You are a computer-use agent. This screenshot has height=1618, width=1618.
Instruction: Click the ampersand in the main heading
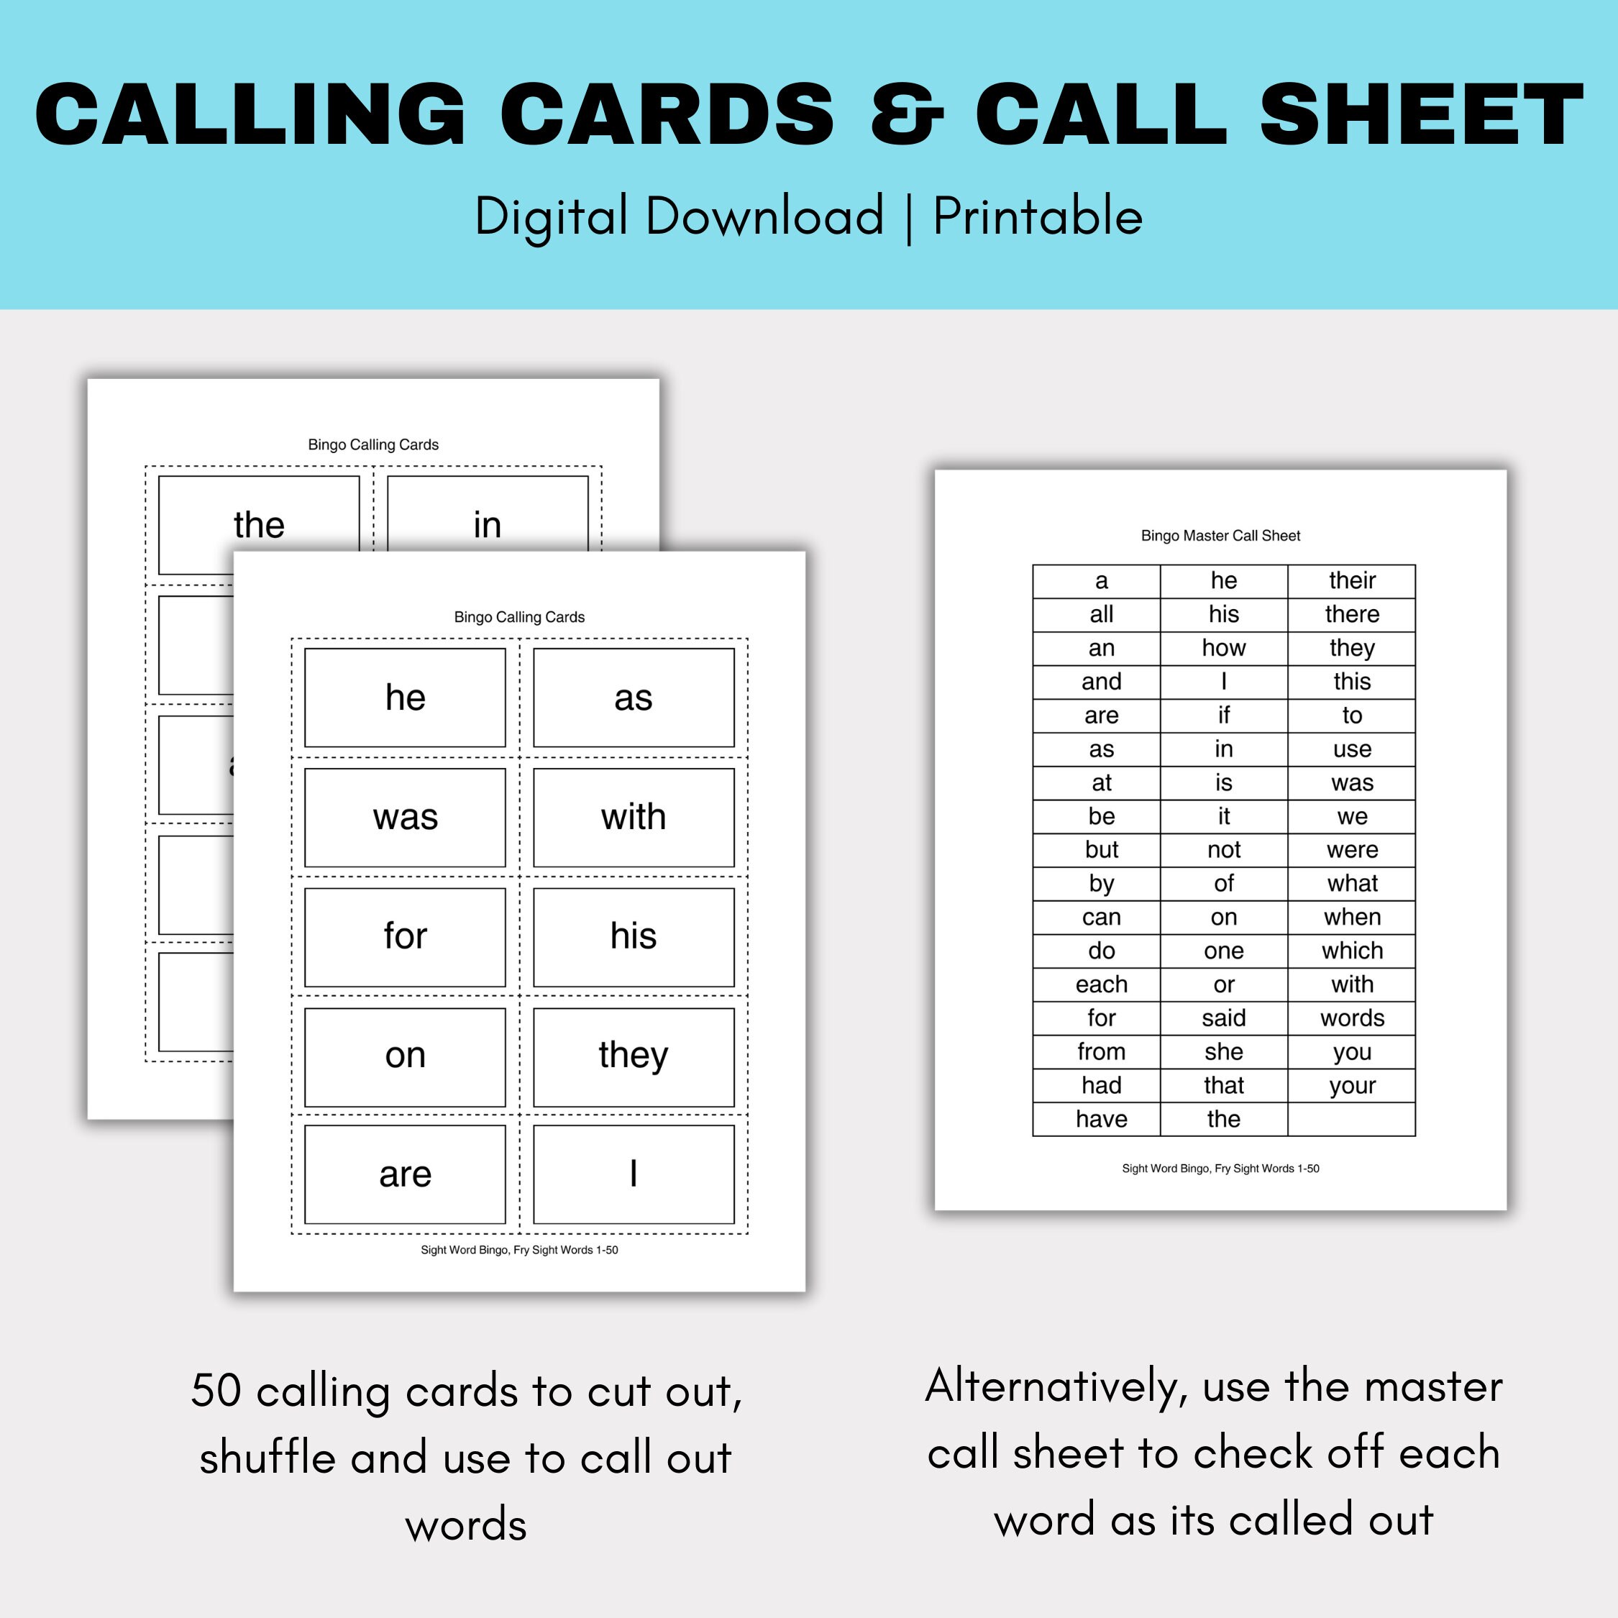(x=907, y=116)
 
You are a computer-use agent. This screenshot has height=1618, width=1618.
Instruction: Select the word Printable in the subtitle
(x=1038, y=216)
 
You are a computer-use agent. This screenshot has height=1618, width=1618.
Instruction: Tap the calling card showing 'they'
(x=633, y=1056)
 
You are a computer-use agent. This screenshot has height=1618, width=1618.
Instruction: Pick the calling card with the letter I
(x=633, y=1174)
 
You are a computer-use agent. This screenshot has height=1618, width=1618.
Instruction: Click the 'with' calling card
(x=633, y=818)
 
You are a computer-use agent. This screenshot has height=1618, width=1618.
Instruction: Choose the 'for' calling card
(x=406, y=936)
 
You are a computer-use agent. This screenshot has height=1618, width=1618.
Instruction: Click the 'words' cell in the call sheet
(x=1352, y=1018)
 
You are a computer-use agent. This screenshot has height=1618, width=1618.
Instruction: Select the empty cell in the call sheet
(x=1352, y=1119)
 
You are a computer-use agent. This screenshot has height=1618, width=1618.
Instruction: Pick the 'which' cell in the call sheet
(x=1352, y=951)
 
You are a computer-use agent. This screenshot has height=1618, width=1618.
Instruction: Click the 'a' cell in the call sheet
(x=1101, y=581)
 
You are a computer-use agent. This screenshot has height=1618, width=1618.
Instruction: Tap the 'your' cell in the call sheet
(x=1352, y=1085)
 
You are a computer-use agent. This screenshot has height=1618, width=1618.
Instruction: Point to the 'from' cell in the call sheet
(x=1101, y=1052)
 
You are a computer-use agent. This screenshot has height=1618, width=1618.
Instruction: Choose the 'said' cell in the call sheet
(x=1223, y=1018)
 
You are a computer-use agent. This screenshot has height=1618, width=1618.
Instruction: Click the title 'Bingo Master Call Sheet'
(x=1220, y=536)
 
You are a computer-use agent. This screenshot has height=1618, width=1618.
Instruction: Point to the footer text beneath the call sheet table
(x=1220, y=1169)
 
